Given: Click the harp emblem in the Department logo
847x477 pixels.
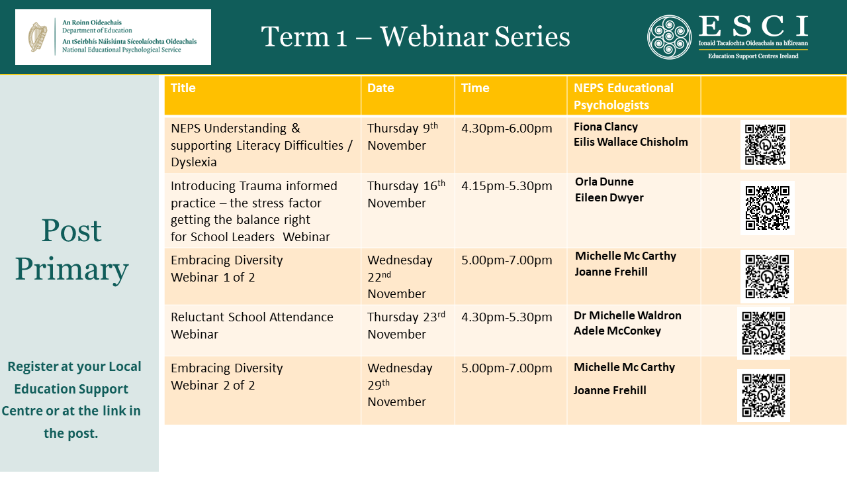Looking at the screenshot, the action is click(38, 36).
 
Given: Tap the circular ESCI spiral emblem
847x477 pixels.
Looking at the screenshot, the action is click(669, 37).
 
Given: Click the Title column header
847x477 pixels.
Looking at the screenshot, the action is click(183, 88).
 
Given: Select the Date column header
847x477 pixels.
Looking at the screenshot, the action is click(380, 88).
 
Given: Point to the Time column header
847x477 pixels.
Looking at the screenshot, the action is click(475, 88).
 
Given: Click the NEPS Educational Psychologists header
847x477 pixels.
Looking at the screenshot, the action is click(623, 96).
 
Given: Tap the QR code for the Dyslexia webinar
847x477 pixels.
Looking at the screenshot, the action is click(765, 144).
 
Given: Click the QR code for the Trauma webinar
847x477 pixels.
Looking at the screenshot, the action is click(767, 208).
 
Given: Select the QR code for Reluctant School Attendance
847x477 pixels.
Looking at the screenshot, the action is click(764, 333).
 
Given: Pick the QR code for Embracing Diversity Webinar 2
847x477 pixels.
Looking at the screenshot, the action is click(764, 396).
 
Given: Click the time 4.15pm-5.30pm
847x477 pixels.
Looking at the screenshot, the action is click(507, 186).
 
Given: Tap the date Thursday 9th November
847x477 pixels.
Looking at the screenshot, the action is click(403, 136).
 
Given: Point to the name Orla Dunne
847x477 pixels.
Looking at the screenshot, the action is click(604, 182).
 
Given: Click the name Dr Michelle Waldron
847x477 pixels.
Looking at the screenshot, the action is click(628, 315).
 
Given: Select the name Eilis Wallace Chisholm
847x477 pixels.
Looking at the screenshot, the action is click(631, 142).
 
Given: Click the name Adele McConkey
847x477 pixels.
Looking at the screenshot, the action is click(617, 331).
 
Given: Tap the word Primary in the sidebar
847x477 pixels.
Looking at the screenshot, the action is click(72, 270).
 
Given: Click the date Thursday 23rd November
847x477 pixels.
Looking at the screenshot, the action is click(406, 325).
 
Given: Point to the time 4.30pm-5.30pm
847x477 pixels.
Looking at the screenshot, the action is click(507, 317).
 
